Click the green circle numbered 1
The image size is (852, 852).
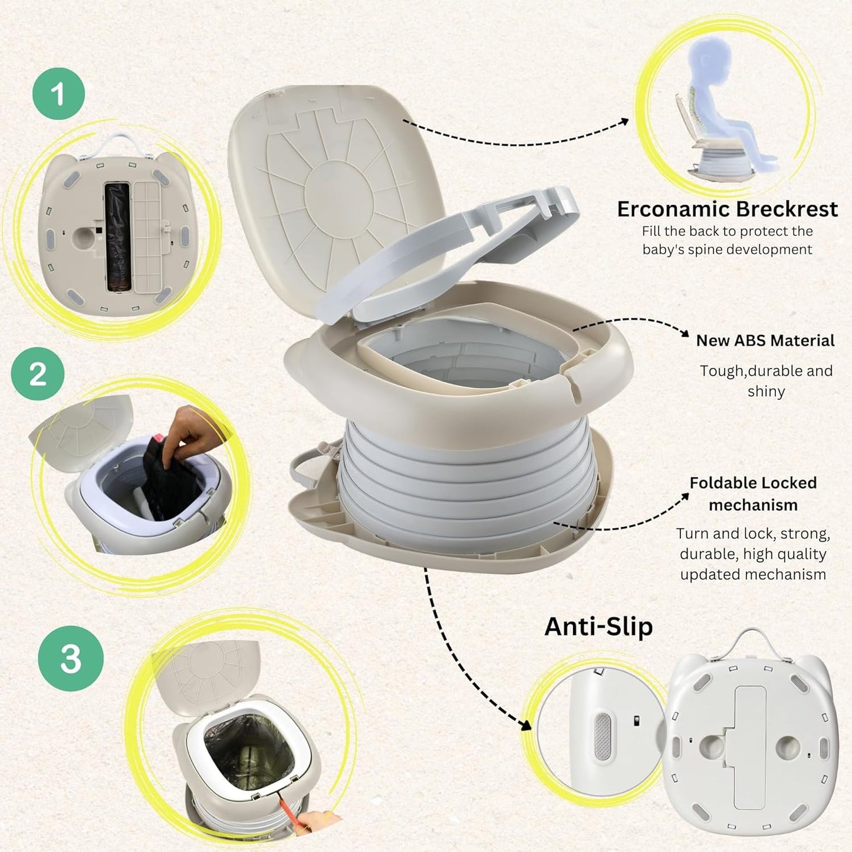click(x=58, y=94)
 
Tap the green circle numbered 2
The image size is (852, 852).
click(x=38, y=374)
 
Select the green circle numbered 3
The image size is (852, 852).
click(x=71, y=658)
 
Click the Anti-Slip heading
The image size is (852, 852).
click(x=598, y=626)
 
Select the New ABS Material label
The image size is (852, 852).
click(x=765, y=341)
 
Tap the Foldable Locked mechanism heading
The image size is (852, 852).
click(x=753, y=494)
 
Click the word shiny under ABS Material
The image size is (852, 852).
click(x=766, y=392)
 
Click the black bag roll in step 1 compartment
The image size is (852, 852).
click(x=117, y=236)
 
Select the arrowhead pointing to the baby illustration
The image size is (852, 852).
click(x=624, y=121)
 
